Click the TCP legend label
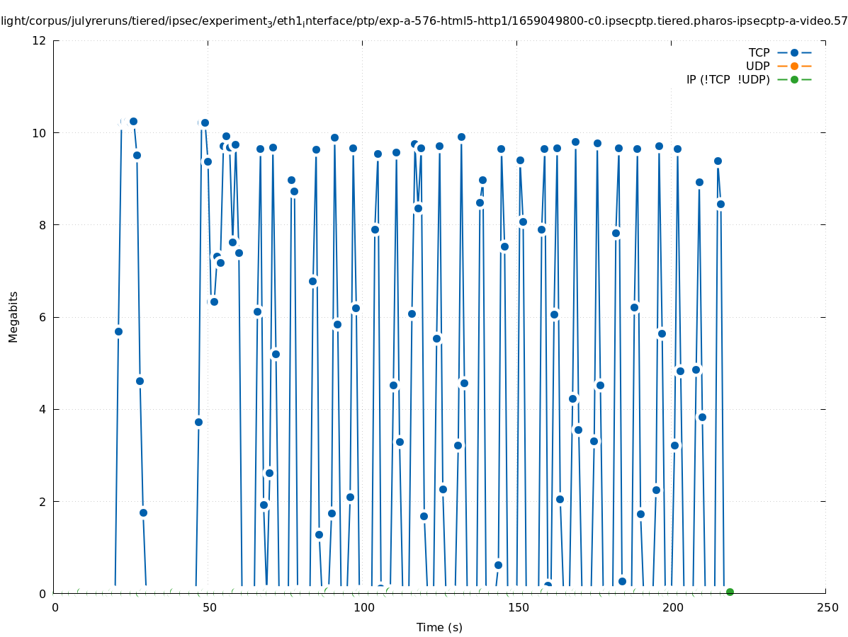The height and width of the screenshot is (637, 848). tap(759, 52)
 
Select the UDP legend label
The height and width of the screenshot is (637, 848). tap(757, 66)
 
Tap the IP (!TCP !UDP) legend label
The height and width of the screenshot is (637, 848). tap(728, 79)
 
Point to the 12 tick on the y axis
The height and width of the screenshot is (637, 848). tap(39, 40)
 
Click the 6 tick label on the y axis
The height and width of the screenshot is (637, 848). tap(43, 317)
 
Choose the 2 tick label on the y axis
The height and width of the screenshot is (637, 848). tap(43, 501)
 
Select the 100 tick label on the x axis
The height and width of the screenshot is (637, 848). tap(363, 607)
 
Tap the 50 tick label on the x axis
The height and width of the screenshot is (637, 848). tap(209, 607)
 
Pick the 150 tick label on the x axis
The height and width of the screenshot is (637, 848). tap(518, 607)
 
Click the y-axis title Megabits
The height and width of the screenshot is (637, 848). tap(13, 316)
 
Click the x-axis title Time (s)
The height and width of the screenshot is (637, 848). tap(439, 627)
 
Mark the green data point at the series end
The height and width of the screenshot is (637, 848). tap(730, 592)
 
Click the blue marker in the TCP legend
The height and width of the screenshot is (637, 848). tap(794, 52)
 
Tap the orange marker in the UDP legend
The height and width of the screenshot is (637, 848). tap(794, 66)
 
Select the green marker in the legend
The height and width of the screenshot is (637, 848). tap(794, 79)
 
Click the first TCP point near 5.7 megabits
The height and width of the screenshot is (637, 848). tap(118, 331)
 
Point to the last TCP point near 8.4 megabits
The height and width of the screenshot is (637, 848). tap(720, 204)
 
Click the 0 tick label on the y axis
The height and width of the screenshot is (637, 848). tap(43, 593)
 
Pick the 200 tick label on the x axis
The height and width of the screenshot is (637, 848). tap(672, 607)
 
